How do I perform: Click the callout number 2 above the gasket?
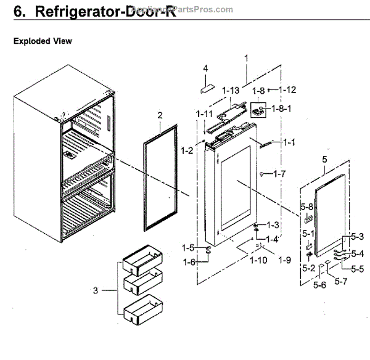point(159,115)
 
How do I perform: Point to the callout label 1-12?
point(287,89)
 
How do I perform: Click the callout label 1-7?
point(280,174)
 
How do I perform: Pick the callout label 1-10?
point(259,260)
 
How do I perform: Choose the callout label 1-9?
point(284,260)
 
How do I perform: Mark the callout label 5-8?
point(307,207)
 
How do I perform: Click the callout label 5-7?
point(342,281)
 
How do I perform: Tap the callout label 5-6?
point(319,285)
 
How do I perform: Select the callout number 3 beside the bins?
point(96,290)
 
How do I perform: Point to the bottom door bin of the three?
point(143,311)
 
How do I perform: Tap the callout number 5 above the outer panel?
point(324,160)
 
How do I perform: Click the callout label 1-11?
point(204,115)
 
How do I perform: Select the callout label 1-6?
point(188,261)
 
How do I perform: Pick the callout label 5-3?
point(358,237)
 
